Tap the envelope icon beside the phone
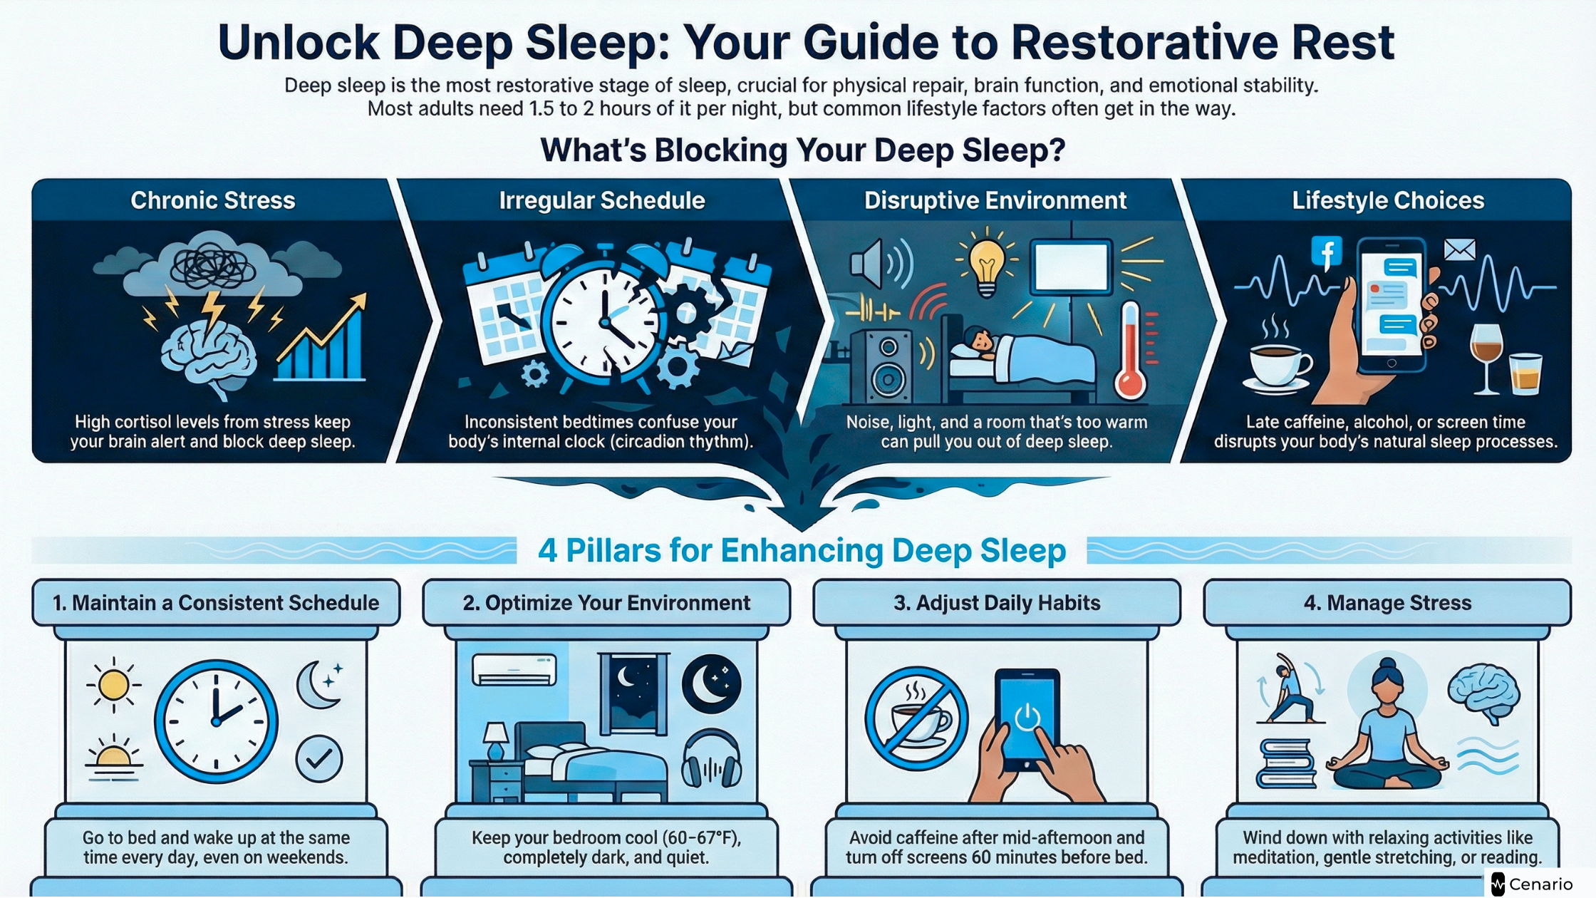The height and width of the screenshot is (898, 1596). click(1459, 249)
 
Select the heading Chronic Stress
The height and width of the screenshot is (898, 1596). click(212, 200)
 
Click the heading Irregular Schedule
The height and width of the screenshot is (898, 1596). click(602, 200)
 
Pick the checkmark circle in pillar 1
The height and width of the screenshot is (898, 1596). click(319, 759)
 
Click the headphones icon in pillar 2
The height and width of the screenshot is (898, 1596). click(711, 760)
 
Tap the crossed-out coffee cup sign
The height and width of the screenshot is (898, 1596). click(916, 718)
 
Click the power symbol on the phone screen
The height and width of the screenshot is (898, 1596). click(1027, 717)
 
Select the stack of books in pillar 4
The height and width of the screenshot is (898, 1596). click(1286, 763)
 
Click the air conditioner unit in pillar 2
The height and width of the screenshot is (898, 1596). click(514, 669)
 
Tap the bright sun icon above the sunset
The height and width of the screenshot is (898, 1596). click(113, 686)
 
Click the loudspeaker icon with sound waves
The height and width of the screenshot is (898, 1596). click(881, 264)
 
